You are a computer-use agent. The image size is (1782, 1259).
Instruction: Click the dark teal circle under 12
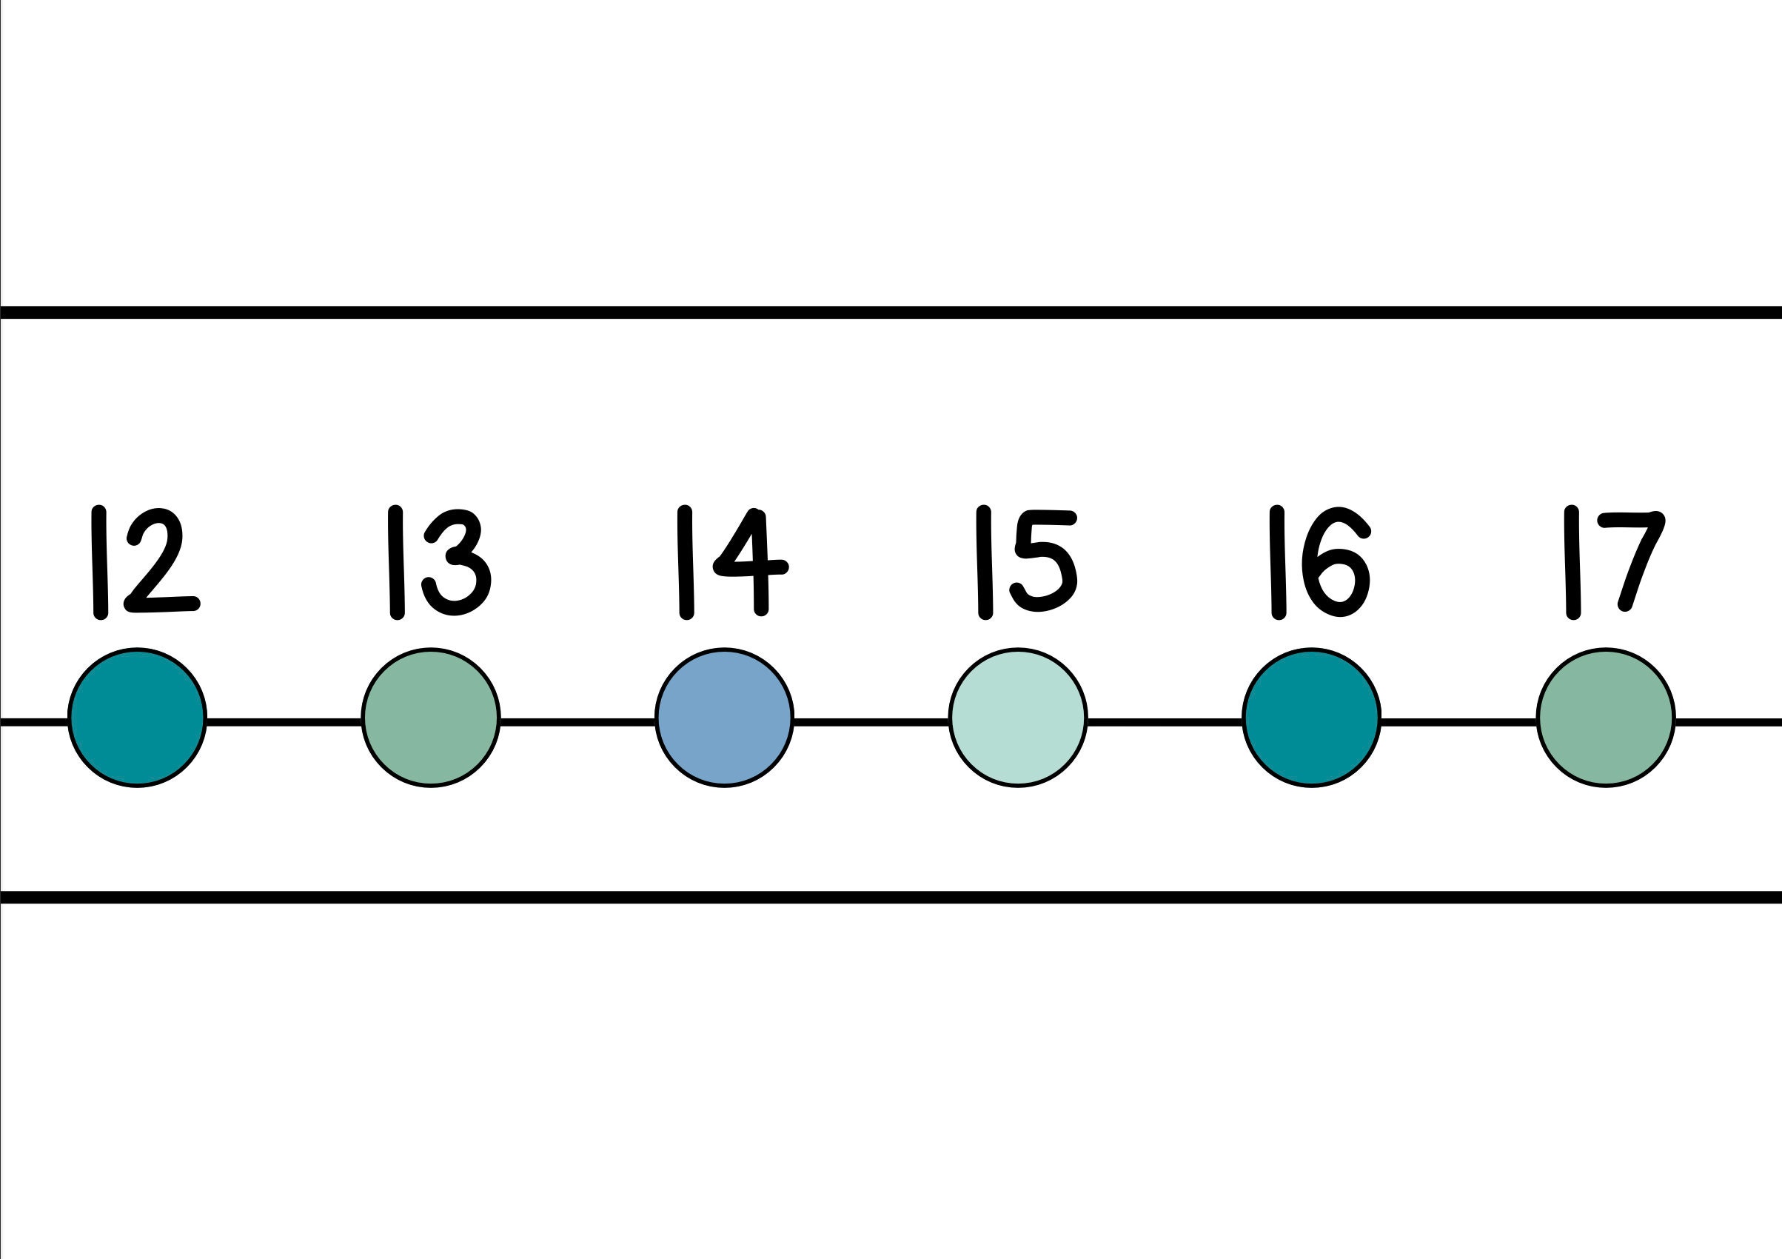click(x=138, y=718)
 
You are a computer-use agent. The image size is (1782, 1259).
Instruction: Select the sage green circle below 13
click(x=431, y=718)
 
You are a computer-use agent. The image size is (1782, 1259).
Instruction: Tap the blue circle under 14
click(x=724, y=718)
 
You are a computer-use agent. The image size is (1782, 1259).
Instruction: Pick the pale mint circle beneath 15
click(x=1017, y=718)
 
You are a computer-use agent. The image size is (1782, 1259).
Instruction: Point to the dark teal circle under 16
click(x=1312, y=718)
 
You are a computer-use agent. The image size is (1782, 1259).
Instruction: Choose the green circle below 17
click(x=1606, y=718)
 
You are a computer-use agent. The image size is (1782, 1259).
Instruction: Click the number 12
click(x=144, y=562)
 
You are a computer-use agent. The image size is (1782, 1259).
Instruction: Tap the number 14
click(x=733, y=562)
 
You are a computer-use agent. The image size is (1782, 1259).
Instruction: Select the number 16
click(x=1319, y=562)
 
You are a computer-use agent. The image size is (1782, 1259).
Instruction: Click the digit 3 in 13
click(x=458, y=562)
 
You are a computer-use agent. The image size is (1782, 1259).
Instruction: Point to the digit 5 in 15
click(x=1044, y=562)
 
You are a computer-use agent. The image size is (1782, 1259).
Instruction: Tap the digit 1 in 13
click(x=396, y=562)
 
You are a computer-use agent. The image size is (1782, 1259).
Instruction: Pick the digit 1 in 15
click(x=984, y=562)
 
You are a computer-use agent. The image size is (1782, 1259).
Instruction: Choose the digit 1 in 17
click(x=1572, y=562)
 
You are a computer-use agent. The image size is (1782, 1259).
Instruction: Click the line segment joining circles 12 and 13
click(x=284, y=722)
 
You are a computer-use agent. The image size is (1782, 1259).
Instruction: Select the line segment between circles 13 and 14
click(x=577, y=722)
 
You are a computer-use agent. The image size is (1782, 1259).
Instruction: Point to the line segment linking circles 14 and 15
click(x=871, y=722)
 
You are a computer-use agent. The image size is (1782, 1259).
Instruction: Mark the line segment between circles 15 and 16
click(x=1165, y=722)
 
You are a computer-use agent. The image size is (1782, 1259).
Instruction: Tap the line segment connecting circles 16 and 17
click(x=1458, y=722)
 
